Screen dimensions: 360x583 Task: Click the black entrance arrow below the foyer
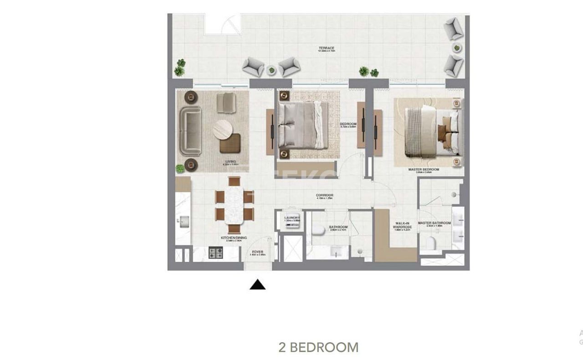point(257,285)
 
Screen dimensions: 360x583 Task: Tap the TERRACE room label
point(327,48)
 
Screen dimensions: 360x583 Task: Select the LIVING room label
point(230,162)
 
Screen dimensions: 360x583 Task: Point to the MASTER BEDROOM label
point(424,170)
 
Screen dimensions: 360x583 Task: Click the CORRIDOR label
point(325,195)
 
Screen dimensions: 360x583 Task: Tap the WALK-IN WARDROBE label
point(403,225)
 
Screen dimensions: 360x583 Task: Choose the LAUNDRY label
point(292,218)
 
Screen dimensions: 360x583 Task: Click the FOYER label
point(257,252)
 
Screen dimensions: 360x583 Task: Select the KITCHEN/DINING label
point(234,238)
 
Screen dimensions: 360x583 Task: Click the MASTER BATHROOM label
point(435,223)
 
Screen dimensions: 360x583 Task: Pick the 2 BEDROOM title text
point(318,347)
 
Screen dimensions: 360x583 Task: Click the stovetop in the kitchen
point(215,252)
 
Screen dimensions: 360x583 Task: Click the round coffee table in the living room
point(223,129)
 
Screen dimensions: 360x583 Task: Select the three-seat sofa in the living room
point(189,131)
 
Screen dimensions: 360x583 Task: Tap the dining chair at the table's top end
point(234,181)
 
